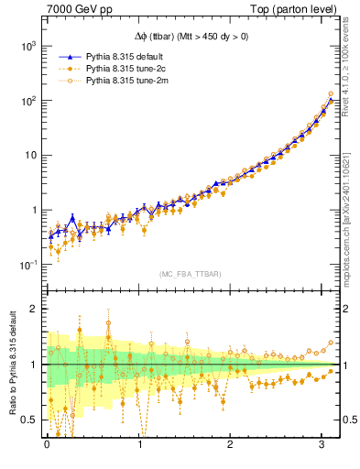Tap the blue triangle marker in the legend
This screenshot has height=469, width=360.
[69, 57]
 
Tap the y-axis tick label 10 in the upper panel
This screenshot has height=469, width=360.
[30, 155]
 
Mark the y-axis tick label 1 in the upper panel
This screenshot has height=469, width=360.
[34, 210]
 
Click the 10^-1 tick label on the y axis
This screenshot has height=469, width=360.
[27, 265]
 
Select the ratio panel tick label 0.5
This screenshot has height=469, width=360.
[30, 420]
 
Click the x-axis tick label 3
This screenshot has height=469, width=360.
[323, 444]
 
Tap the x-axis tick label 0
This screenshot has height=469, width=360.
[47, 444]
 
